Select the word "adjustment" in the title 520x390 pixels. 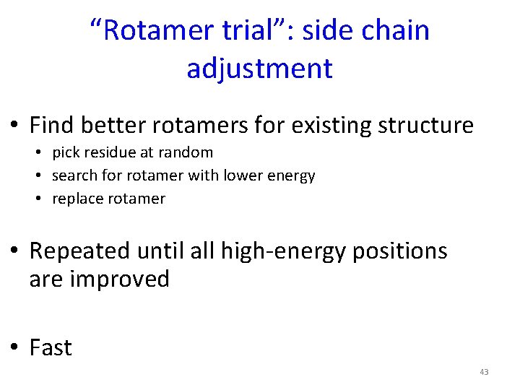[259, 69]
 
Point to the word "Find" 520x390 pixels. [52, 125]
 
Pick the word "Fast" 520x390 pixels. [51, 347]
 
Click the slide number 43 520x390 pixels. [484, 372]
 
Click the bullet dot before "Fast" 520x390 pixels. [15, 347]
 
